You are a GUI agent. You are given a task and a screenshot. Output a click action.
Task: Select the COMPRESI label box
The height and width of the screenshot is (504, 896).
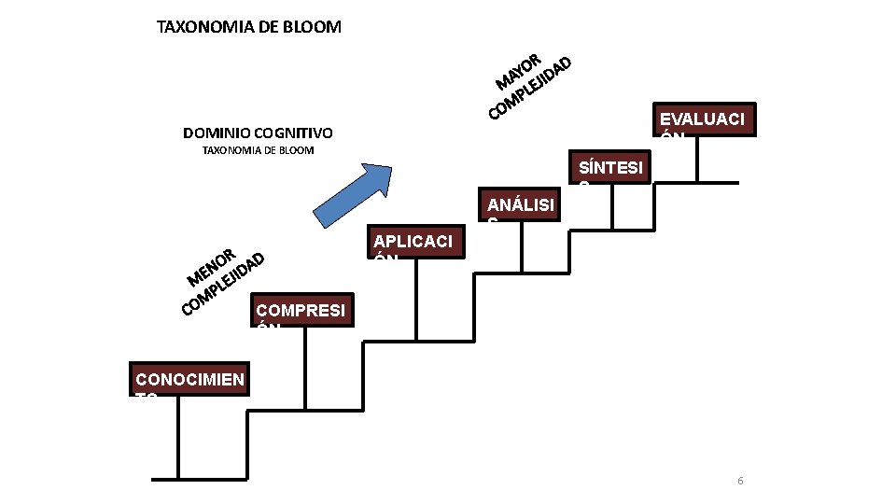[303, 312]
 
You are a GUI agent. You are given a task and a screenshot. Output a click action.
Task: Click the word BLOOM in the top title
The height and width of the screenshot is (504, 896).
[312, 27]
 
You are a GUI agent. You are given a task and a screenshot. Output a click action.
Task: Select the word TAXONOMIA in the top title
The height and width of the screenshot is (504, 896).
[203, 27]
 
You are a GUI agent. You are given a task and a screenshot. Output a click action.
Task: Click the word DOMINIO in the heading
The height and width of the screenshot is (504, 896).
[216, 133]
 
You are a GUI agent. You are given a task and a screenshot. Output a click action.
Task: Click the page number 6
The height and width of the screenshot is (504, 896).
[740, 481]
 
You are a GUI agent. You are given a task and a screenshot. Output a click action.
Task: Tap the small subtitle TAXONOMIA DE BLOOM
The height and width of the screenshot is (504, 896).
[259, 150]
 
